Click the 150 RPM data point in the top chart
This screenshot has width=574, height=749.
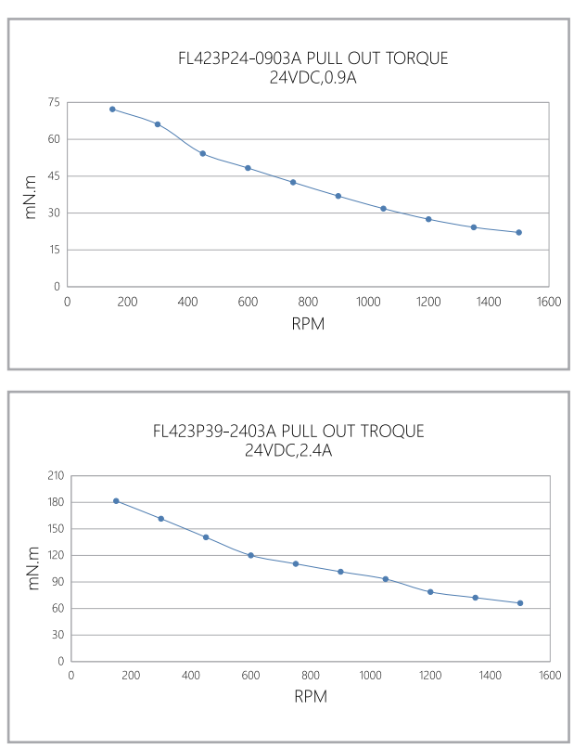pos(112,110)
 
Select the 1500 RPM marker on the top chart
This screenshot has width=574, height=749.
pos(518,232)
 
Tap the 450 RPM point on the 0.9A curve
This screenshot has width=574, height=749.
pos(202,154)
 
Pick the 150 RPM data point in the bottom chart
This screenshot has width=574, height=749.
pos(116,501)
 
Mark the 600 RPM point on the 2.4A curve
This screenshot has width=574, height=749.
pos(250,555)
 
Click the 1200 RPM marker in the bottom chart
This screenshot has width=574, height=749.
pos(430,592)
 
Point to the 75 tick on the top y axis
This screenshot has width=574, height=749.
pos(53,102)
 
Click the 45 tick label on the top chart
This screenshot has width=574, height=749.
pos(53,176)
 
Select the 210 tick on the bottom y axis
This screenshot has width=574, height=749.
pos(56,475)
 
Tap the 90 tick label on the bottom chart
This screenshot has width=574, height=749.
pos(56,582)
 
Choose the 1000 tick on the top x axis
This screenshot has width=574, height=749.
pos(367,302)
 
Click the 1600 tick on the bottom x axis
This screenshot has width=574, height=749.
pos(550,676)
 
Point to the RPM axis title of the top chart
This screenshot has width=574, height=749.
pos(308,324)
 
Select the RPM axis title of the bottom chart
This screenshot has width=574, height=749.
pos(311,696)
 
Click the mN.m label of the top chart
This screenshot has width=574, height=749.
pos(32,197)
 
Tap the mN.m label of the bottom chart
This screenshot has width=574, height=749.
pos(34,568)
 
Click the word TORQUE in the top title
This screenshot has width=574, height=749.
pos(415,58)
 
